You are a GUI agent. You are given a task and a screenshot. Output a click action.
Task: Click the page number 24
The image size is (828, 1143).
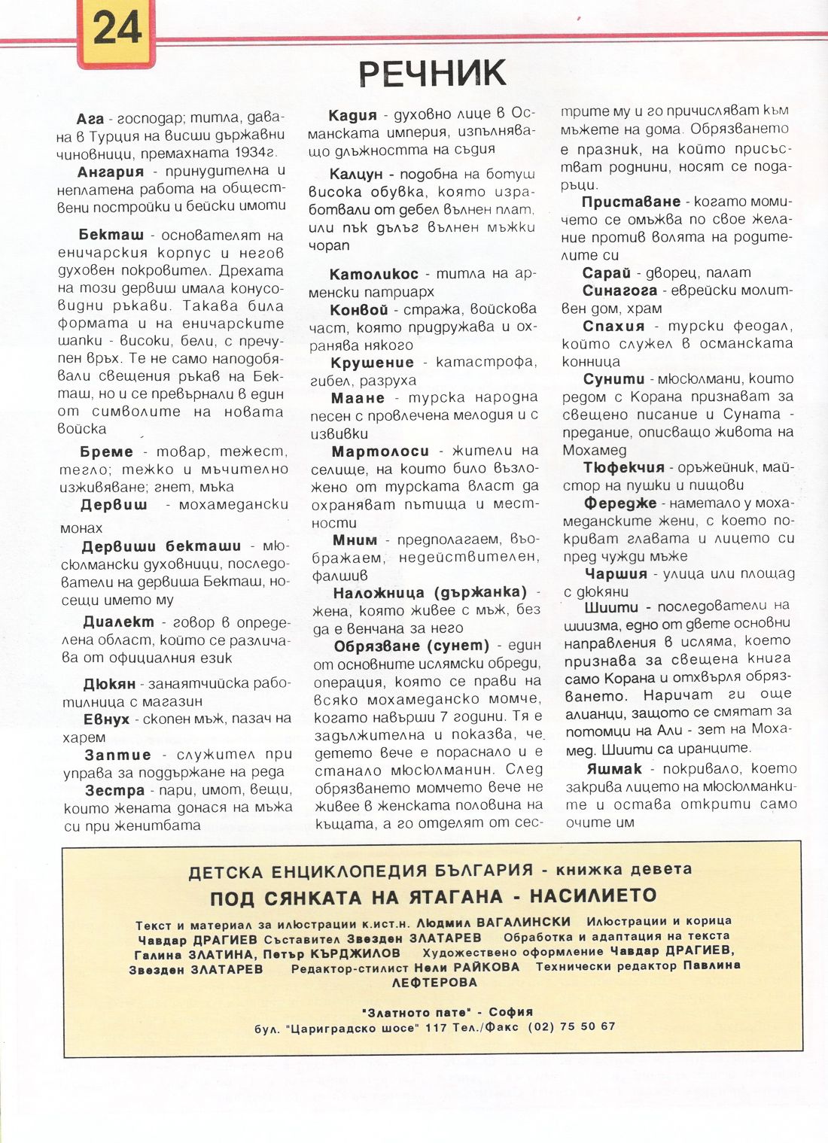coord(117,29)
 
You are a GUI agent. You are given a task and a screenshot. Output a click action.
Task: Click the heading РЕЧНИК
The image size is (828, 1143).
coord(431,73)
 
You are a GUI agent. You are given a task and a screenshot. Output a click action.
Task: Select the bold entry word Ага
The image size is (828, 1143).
coord(90,119)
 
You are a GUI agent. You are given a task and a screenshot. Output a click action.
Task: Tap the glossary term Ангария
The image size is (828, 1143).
coord(110,172)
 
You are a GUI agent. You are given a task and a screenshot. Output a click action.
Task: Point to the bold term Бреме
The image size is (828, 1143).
coord(106,451)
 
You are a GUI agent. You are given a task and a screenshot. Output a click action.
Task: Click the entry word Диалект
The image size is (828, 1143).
coord(118,622)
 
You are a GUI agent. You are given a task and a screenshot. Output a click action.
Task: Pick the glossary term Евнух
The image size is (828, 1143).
coord(106,719)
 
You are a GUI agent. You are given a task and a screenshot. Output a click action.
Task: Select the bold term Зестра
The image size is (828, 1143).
coord(114,790)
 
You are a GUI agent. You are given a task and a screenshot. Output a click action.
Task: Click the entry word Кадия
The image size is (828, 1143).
coord(352,115)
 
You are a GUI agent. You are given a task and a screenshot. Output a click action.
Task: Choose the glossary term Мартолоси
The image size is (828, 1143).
coord(380,451)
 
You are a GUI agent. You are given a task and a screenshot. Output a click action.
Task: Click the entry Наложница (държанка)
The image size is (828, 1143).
coord(430,592)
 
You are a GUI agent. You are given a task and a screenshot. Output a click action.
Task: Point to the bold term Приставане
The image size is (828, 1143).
coord(631,202)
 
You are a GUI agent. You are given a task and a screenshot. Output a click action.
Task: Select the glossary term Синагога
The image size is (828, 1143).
coord(619,290)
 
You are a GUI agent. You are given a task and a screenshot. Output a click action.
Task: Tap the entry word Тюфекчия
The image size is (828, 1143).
coord(624,467)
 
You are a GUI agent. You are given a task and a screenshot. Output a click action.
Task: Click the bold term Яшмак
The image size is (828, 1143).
coord(614,768)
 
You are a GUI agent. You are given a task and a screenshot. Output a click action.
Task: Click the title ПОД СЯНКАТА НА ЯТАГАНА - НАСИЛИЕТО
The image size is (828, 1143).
coord(433,896)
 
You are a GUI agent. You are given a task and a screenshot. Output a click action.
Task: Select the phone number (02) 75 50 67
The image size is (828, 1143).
coord(571,1026)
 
